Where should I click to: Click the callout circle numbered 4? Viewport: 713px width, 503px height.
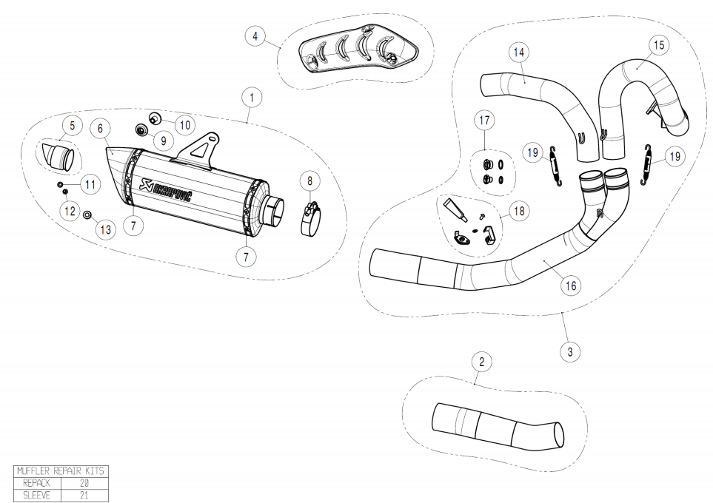click(x=255, y=36)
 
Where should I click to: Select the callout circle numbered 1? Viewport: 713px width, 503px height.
click(x=252, y=97)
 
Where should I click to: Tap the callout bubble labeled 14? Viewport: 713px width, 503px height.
click(x=519, y=52)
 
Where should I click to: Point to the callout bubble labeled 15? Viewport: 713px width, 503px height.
click(x=657, y=46)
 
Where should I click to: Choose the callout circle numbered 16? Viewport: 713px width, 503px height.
click(x=570, y=285)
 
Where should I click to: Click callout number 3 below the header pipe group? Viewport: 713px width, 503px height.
click(x=569, y=352)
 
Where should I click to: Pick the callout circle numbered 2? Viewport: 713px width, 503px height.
click(x=482, y=362)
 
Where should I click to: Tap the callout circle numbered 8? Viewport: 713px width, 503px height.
click(x=310, y=180)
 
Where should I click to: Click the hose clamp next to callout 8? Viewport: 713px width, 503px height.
click(x=312, y=219)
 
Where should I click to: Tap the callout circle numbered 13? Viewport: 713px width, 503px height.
click(x=105, y=229)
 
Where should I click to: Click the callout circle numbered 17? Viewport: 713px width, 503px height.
click(x=483, y=119)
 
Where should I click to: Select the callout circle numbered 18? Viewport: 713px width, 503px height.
click(x=518, y=212)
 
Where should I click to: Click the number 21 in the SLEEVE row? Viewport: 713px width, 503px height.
click(x=84, y=495)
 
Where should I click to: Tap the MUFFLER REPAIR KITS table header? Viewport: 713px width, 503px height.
click(x=61, y=471)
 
